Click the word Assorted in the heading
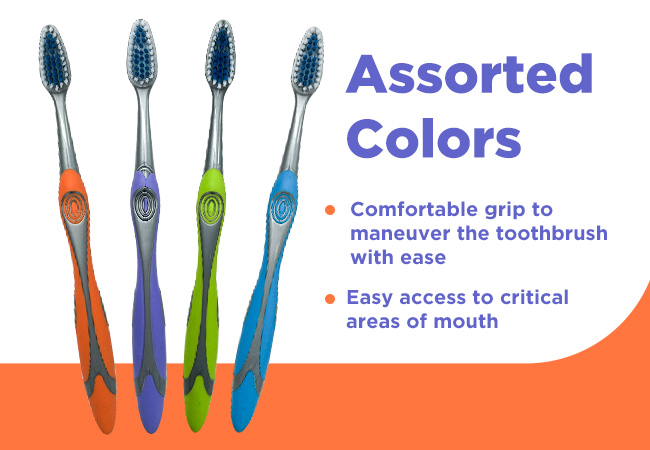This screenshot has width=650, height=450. tap(469, 74)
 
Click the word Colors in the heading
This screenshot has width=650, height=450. tap(434, 138)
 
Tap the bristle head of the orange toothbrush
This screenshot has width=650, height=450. tap(55, 59)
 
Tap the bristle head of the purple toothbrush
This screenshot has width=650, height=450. tap(142, 53)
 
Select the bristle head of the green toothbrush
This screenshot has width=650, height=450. tap(221, 54)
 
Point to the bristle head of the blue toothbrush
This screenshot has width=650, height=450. tap(307, 60)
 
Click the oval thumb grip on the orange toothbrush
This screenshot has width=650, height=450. tap(74, 207)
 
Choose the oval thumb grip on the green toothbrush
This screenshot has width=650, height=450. tap(211, 207)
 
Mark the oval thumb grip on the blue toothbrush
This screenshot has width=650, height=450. tap(283, 207)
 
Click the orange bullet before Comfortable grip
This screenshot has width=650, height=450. tap(330, 210)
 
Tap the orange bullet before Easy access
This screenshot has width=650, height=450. tap(330, 299)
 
